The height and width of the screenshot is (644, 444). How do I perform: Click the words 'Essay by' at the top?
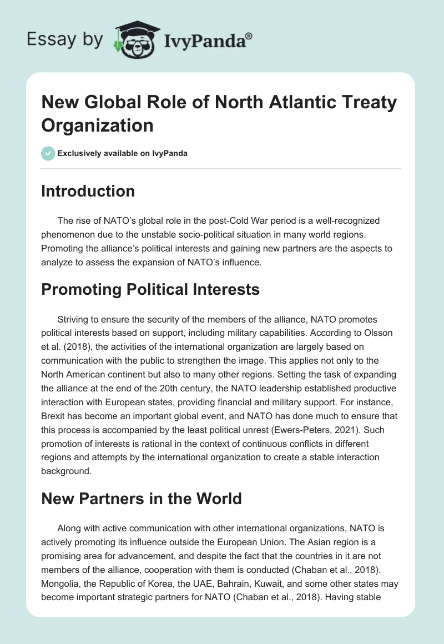(x=65, y=40)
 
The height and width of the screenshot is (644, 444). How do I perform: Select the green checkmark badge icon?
(x=48, y=153)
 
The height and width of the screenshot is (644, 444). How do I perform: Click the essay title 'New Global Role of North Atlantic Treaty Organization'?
(x=219, y=114)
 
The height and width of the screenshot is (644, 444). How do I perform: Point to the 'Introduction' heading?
(x=88, y=191)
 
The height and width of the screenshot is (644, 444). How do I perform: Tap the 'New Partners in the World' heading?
(x=142, y=498)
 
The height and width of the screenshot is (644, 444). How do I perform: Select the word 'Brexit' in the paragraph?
(x=56, y=415)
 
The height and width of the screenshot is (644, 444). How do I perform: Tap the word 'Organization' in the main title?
(x=97, y=125)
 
